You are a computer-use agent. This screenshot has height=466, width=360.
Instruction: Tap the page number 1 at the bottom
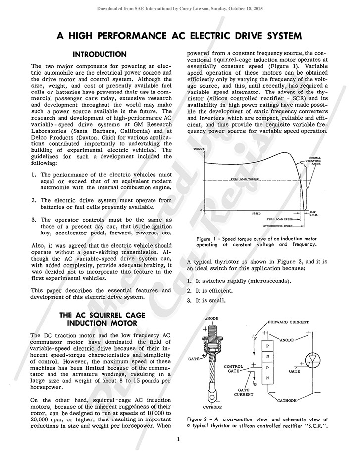coord(180,439)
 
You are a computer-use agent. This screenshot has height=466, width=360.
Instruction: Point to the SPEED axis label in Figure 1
coord(256,213)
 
